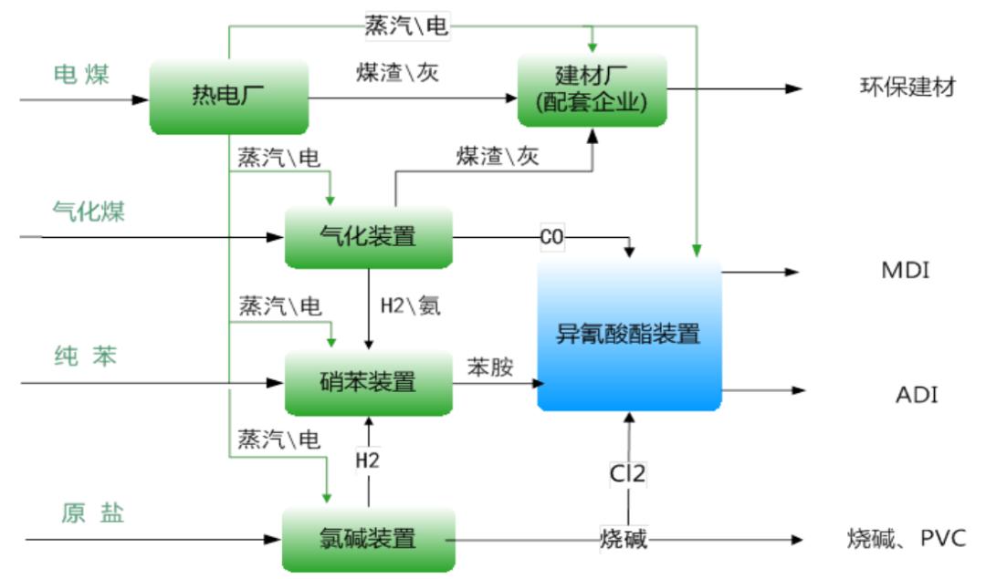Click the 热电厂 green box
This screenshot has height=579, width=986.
click(x=228, y=96)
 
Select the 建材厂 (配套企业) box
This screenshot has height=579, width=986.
click(x=593, y=89)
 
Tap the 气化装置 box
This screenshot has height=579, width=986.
click(x=369, y=237)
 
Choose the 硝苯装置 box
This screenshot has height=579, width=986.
click(x=369, y=381)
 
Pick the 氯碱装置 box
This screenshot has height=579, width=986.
click(x=369, y=539)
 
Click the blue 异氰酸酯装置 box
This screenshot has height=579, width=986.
click(x=629, y=334)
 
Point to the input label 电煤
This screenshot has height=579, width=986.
click(x=81, y=75)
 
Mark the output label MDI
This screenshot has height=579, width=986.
click(x=906, y=271)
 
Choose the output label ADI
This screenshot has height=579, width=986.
click(x=916, y=395)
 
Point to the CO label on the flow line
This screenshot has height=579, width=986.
click(x=552, y=238)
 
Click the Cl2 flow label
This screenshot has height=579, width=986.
click(x=628, y=474)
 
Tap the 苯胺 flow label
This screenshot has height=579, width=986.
click(x=490, y=367)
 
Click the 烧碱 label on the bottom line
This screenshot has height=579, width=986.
click(x=624, y=539)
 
